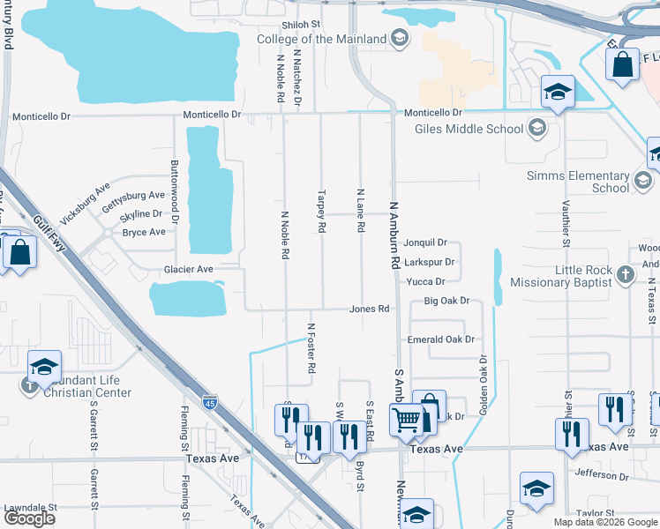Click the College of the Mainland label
coord(321,39)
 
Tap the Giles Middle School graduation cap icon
coord(536,129)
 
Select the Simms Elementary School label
coord(577,182)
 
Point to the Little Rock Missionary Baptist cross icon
coord(626,274)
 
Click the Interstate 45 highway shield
coord(209,403)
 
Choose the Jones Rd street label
coord(370,309)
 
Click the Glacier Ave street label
coord(188,269)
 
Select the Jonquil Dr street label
coord(425,242)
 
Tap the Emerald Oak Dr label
coord(440,339)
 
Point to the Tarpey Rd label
coord(322,210)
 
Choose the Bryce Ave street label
coord(144,233)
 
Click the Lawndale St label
coord(30,509)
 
